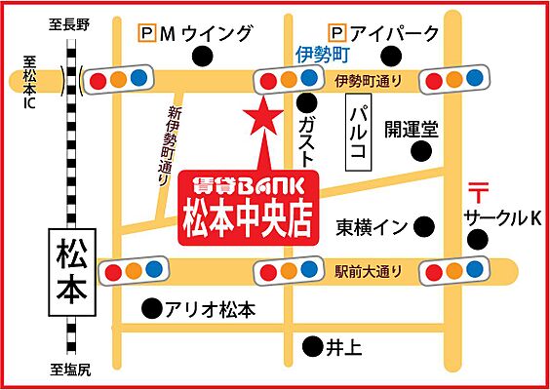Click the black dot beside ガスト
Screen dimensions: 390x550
(307, 100)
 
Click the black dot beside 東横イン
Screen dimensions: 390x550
(424, 226)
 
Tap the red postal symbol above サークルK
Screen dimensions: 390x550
(478, 192)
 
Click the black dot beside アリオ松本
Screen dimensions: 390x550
(151, 310)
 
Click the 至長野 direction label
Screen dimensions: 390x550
(70, 24)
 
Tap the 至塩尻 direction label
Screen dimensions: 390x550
(70, 370)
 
